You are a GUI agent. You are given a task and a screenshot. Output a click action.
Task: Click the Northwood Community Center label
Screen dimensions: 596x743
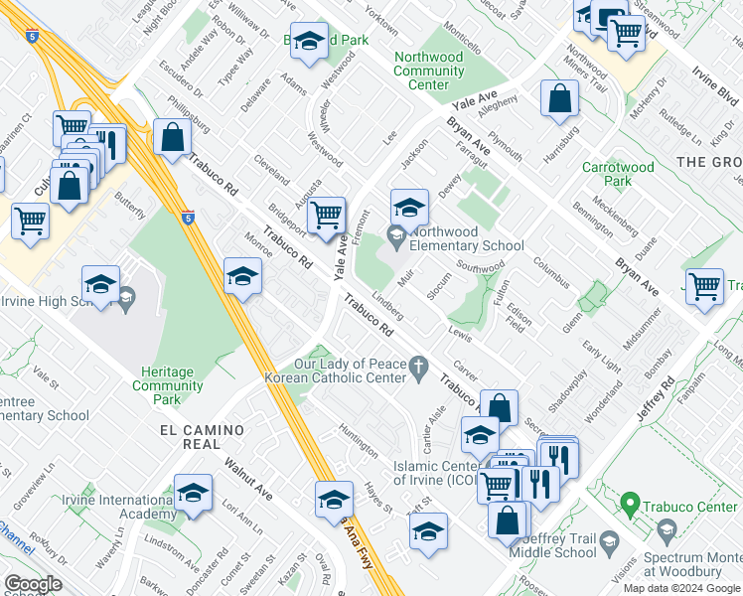tap(428, 72)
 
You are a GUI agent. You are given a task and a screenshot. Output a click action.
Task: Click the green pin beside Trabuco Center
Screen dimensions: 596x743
tap(628, 507)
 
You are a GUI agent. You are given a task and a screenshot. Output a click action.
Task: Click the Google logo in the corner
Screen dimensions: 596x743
tap(33, 584)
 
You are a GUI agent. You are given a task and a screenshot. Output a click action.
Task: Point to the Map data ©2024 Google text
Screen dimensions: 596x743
tap(681, 588)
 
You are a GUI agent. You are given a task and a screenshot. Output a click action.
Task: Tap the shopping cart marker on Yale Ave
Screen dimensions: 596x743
tap(326, 214)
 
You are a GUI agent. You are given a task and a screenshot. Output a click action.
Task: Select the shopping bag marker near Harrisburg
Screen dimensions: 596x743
tap(559, 97)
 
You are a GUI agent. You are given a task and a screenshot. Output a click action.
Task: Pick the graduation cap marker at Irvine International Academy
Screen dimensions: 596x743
tap(193, 492)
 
